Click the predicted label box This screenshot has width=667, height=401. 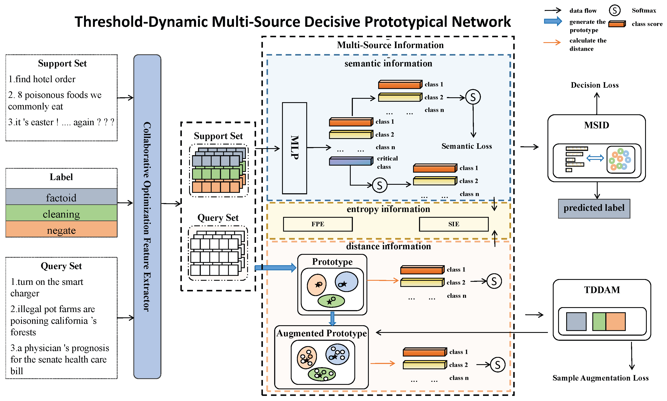coord(594,208)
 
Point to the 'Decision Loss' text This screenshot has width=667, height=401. coord(594,85)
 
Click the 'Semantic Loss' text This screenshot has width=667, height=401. coord(466,146)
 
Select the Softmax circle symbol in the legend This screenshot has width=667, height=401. coord(614,11)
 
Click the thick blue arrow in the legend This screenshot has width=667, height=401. coord(553,21)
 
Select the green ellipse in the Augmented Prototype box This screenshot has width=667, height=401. coord(322,374)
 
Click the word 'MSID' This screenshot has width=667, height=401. coord(596,125)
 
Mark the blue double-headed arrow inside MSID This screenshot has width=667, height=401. coord(595,158)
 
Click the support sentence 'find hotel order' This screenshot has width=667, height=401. coord(42,79)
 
